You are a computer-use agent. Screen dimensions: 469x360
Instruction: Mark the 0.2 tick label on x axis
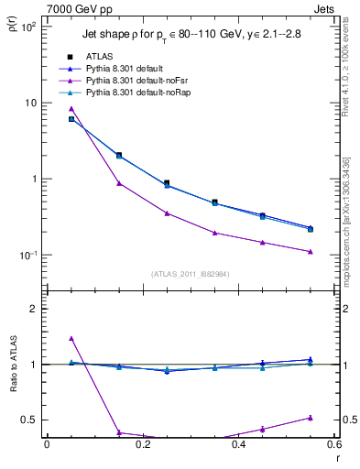pyautogui.click(x=142, y=444)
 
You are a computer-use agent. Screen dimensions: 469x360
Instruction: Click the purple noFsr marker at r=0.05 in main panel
pyautogui.click(x=71, y=108)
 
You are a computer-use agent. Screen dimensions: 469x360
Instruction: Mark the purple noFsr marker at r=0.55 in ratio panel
pyautogui.click(x=311, y=418)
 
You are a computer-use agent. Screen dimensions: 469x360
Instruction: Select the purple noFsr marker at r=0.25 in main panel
pyautogui.click(x=167, y=213)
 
